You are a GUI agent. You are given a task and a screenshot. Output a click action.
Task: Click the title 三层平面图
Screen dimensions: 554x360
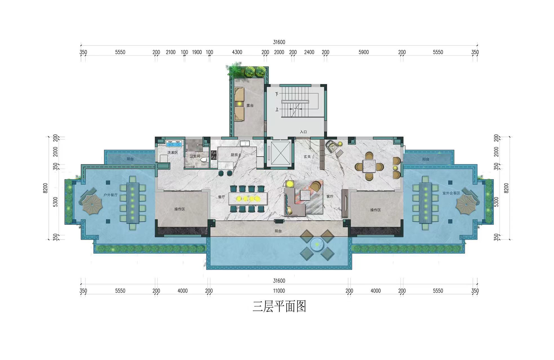[x=279, y=307]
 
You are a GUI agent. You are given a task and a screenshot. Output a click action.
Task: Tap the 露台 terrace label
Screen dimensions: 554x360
[x=250, y=106]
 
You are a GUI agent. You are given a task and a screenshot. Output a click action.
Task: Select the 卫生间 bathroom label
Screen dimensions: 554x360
[x=195, y=156]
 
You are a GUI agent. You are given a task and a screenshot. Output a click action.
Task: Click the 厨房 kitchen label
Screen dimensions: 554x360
[x=234, y=155]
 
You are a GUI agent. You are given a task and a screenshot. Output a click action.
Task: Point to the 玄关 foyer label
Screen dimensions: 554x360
[x=307, y=157]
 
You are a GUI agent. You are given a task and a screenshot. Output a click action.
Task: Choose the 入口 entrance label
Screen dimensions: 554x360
[x=303, y=132]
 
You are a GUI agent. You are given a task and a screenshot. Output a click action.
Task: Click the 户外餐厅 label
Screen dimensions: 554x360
[x=110, y=195]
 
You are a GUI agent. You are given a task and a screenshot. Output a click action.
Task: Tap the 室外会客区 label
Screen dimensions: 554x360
[x=451, y=193]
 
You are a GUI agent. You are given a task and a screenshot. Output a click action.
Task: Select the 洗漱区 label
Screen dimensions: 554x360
[x=172, y=153]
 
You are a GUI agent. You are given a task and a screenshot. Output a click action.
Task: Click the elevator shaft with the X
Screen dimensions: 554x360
[x=281, y=153]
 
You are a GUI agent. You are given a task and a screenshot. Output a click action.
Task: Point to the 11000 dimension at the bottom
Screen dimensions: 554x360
[x=279, y=291]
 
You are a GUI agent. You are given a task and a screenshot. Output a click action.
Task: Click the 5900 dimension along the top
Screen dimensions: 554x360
[x=364, y=52]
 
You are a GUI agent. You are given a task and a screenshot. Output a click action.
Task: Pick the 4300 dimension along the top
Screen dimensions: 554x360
[x=237, y=52]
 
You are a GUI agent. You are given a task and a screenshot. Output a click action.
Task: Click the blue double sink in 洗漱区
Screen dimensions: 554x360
[x=174, y=144]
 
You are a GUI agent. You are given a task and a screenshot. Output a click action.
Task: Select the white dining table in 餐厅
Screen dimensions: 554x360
[x=248, y=199]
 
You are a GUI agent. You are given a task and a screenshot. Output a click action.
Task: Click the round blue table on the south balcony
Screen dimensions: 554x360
[x=317, y=244]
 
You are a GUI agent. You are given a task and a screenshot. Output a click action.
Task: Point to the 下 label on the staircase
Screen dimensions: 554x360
[x=277, y=94]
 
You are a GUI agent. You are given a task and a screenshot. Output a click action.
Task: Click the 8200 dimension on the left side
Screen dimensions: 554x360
[x=45, y=188]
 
